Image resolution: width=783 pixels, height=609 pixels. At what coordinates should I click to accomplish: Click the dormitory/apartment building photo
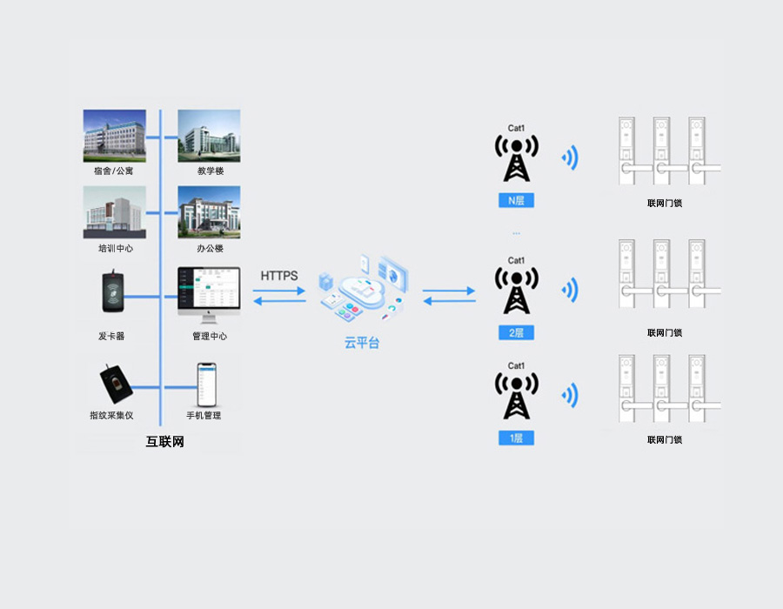(114, 135)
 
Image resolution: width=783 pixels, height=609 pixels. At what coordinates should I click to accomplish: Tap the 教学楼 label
(210, 171)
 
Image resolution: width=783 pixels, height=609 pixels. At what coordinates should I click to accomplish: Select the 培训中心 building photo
(114, 211)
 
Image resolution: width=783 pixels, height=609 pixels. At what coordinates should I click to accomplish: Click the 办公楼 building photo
(209, 211)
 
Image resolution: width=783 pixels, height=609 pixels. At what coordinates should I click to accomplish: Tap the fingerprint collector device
(114, 383)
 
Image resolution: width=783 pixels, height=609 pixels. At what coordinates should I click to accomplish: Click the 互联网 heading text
(164, 442)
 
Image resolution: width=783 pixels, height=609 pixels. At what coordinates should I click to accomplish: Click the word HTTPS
(279, 276)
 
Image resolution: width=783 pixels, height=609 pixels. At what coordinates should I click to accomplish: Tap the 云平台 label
(362, 344)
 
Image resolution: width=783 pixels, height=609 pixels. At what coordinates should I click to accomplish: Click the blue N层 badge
(516, 200)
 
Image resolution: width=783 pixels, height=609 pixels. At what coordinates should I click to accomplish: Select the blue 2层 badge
(516, 332)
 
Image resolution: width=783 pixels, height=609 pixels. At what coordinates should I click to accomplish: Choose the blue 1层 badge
(516, 438)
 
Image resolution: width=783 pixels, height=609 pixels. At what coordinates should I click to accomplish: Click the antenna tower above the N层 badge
(516, 158)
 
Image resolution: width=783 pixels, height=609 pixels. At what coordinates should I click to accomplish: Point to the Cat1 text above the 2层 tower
(516, 260)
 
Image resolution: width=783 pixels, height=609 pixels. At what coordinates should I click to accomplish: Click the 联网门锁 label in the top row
(664, 204)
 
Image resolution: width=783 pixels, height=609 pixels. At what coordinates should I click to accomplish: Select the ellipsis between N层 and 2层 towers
(516, 233)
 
